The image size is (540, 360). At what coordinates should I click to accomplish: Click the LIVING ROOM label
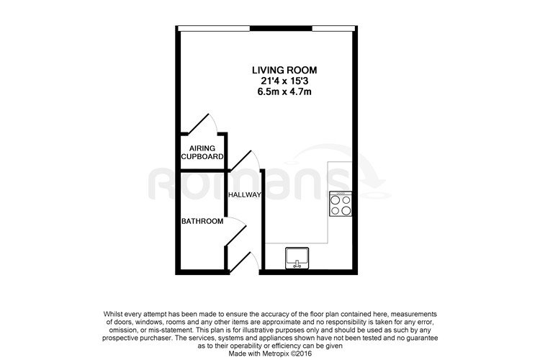click(284, 71)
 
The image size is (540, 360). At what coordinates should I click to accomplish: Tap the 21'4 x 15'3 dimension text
click(284, 81)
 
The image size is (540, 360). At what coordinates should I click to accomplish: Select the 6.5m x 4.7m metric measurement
click(284, 91)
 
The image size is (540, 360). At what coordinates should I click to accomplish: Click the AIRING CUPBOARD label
click(202, 152)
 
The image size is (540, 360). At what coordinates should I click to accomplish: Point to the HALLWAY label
click(245, 195)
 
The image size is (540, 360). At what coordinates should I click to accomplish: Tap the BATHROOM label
click(202, 221)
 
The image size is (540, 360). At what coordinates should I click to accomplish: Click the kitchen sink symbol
click(297, 258)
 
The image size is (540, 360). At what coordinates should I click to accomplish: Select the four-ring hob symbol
click(341, 204)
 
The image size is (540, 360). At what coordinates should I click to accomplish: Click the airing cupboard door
click(203, 123)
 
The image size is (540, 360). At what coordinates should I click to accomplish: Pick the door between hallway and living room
click(246, 160)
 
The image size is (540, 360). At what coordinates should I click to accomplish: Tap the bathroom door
click(236, 232)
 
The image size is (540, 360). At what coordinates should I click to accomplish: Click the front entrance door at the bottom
click(243, 262)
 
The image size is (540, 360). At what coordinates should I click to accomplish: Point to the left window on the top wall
click(214, 28)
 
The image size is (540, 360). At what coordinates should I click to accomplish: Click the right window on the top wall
click(333, 28)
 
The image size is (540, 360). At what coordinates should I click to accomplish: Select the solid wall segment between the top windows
click(281, 28)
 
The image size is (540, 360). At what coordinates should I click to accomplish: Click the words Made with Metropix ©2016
click(270, 354)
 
